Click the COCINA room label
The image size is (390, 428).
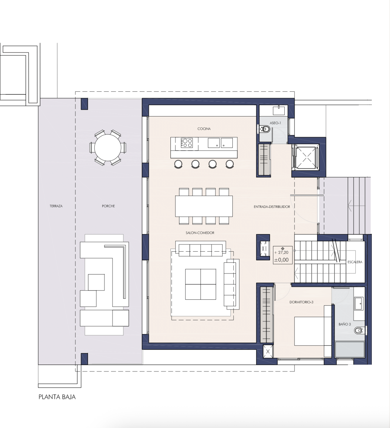pos(204,129)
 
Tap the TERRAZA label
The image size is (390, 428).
pos(56,206)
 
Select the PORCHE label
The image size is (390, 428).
pos(108,206)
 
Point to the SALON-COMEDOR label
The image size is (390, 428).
pos(200,233)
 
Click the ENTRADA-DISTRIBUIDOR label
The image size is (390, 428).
pos(272,207)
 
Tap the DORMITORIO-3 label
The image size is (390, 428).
pos(301,302)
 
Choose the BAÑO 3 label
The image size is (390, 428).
pos(345,324)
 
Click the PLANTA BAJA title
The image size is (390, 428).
pos(57,397)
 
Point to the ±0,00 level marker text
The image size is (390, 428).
pos(281,260)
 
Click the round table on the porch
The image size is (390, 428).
pos(108,148)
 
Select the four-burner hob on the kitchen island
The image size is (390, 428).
pos(187,143)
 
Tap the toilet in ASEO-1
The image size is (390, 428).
pos(265,129)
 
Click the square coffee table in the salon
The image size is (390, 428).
pos(201,284)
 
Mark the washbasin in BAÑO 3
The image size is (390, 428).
pos(359,303)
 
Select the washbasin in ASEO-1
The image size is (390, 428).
pos(279,111)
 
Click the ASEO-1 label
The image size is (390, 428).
pos(275,123)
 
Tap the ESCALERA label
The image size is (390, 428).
pos(355,262)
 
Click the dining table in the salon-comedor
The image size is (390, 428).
pos(204,206)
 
